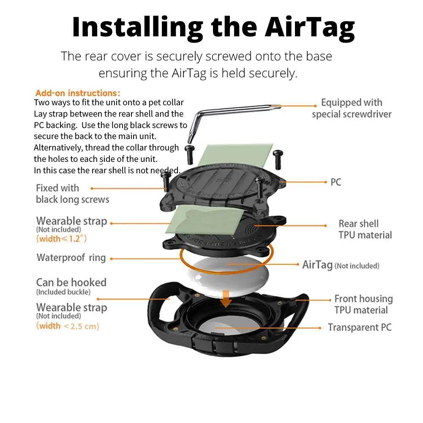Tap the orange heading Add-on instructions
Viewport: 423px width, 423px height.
(78, 93)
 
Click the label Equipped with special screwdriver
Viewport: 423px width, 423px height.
(352, 108)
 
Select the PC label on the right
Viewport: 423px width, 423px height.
(336, 183)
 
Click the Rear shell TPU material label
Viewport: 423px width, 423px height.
(365, 229)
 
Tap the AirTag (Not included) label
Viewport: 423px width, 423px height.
(341, 265)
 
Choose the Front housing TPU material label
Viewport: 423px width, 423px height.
(363, 304)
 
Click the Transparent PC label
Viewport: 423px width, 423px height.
(360, 327)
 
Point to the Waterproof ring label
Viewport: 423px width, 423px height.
(71, 258)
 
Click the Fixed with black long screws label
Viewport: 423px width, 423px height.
(72, 194)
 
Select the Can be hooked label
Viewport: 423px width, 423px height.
(71, 282)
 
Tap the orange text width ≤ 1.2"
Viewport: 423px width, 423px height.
(62, 239)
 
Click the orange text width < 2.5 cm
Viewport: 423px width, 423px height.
(68, 326)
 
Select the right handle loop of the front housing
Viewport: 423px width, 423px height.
(299, 305)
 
